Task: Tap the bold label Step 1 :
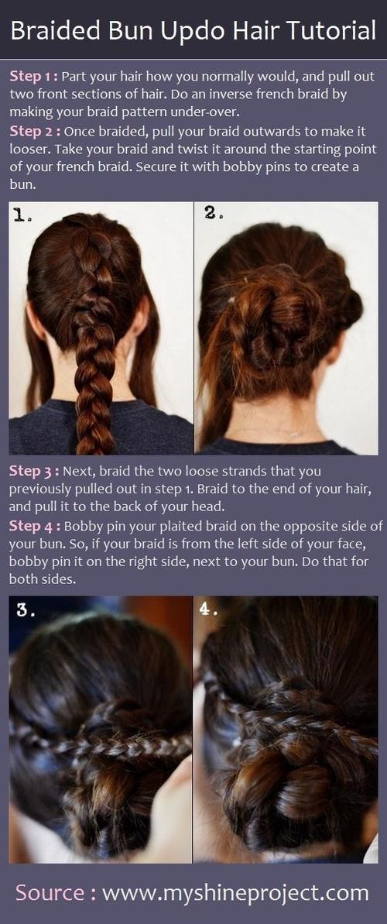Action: [33, 76]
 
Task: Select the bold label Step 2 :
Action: [33, 131]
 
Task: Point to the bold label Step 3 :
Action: [33, 470]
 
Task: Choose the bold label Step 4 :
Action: [33, 525]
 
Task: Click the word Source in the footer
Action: [51, 892]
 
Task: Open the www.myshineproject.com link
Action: [235, 893]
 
